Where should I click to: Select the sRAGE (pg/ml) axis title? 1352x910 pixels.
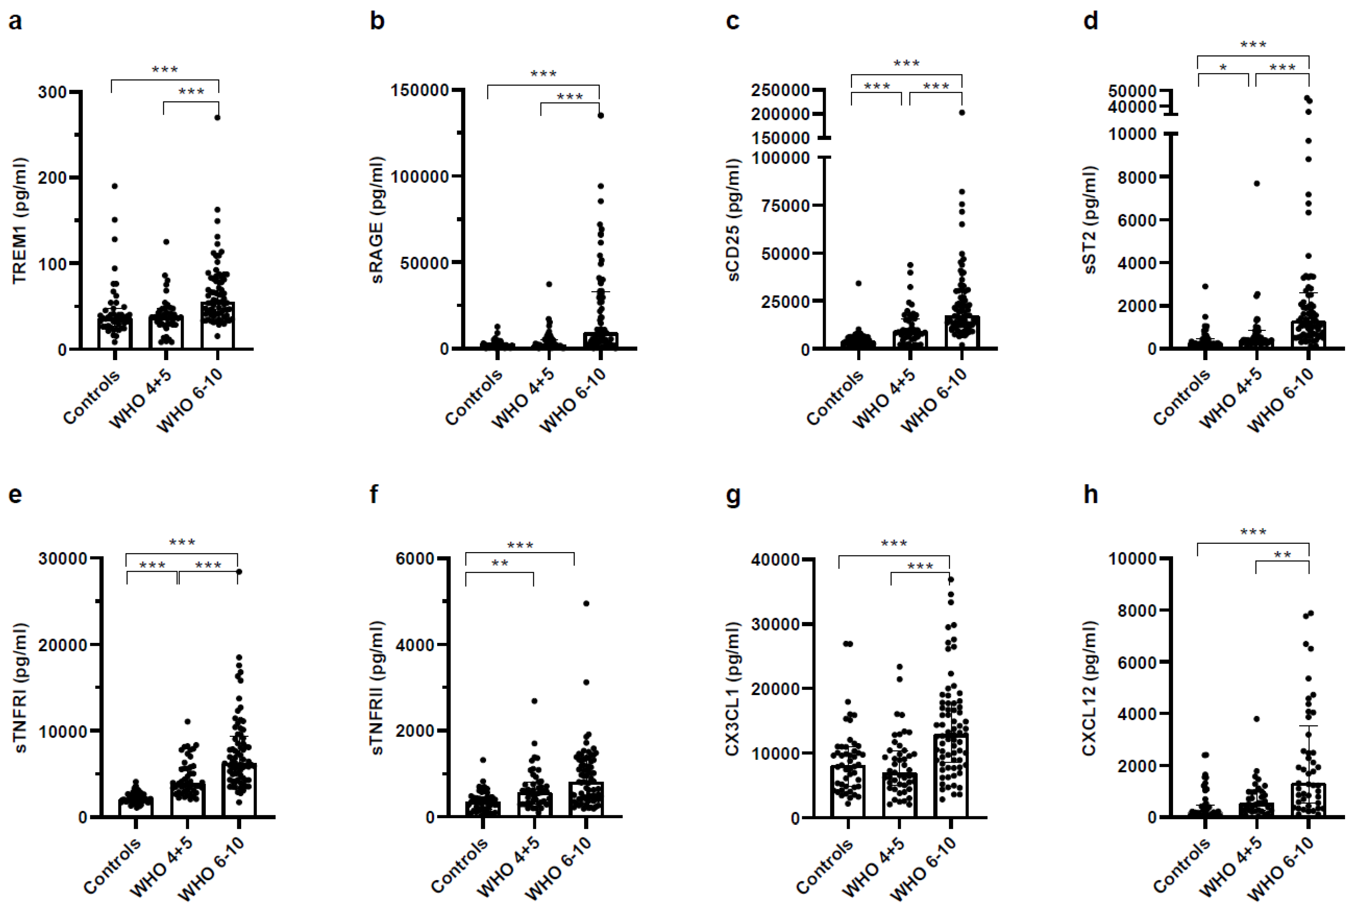pos(378,219)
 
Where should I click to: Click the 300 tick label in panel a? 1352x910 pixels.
pos(52,92)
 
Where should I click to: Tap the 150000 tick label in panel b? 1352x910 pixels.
pos(420,90)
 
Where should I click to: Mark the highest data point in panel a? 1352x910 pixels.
pos(218,118)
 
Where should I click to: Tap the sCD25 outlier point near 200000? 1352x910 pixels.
pos(961,113)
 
